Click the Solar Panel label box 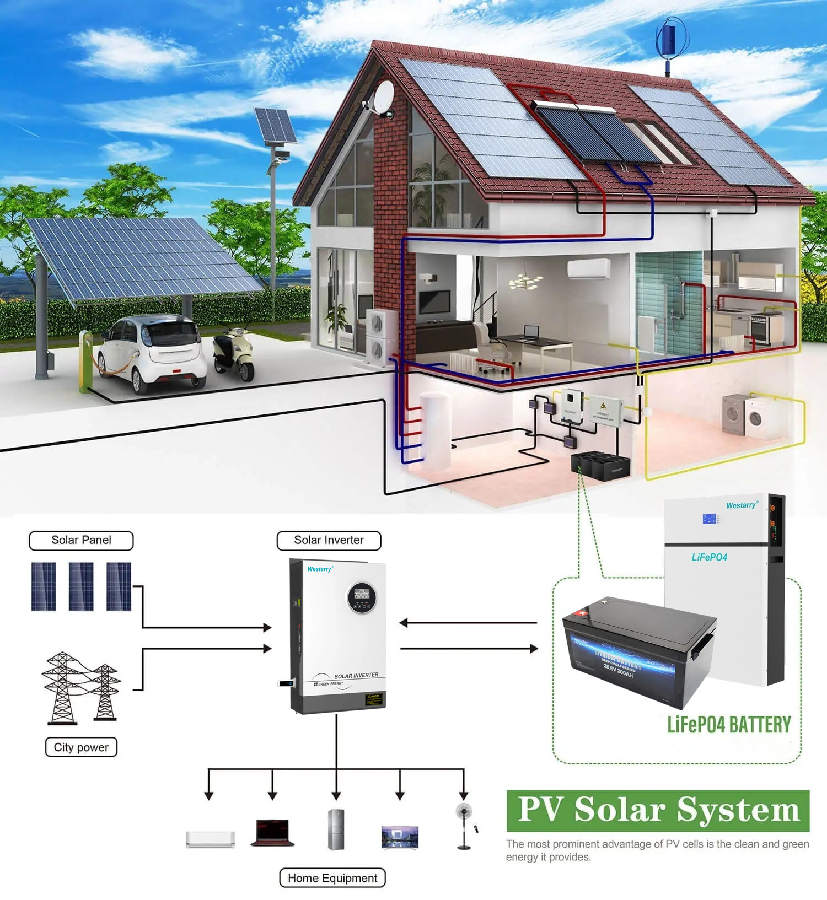81,540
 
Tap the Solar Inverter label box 329,540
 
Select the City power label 81,747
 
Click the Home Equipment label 332,878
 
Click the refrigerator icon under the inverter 336,829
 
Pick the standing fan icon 464,824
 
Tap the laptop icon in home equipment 272,832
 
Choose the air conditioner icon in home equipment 210,839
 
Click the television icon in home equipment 400,837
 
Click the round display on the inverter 362,597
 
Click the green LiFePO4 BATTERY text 729,724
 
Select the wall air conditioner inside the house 589,268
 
